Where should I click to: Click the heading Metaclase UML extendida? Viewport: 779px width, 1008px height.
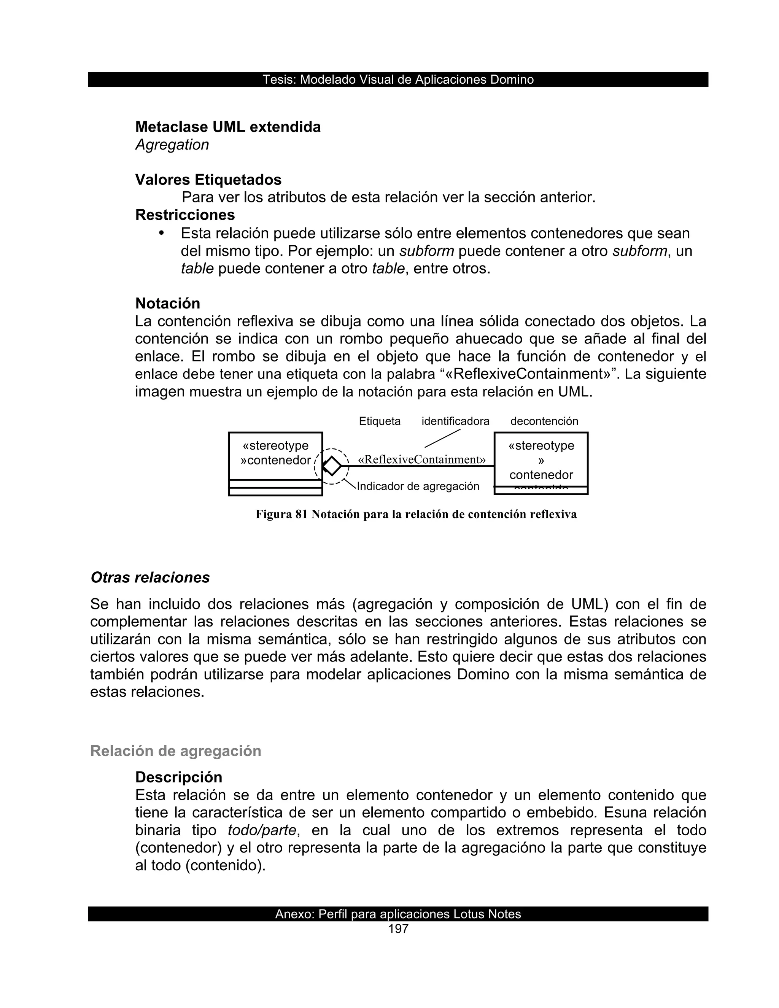point(227,127)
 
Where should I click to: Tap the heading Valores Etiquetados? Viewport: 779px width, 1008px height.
point(208,180)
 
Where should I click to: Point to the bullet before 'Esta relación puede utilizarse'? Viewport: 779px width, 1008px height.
point(162,233)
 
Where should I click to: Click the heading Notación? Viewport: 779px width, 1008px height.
point(167,303)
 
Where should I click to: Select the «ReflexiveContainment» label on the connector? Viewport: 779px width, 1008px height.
point(422,460)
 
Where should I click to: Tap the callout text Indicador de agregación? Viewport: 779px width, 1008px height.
point(418,486)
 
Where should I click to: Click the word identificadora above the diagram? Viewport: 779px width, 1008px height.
point(455,421)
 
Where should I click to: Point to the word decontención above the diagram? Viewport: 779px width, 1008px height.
point(544,421)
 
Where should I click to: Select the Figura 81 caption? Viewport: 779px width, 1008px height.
point(416,514)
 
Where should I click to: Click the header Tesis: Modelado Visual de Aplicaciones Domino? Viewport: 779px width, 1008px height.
point(398,79)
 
